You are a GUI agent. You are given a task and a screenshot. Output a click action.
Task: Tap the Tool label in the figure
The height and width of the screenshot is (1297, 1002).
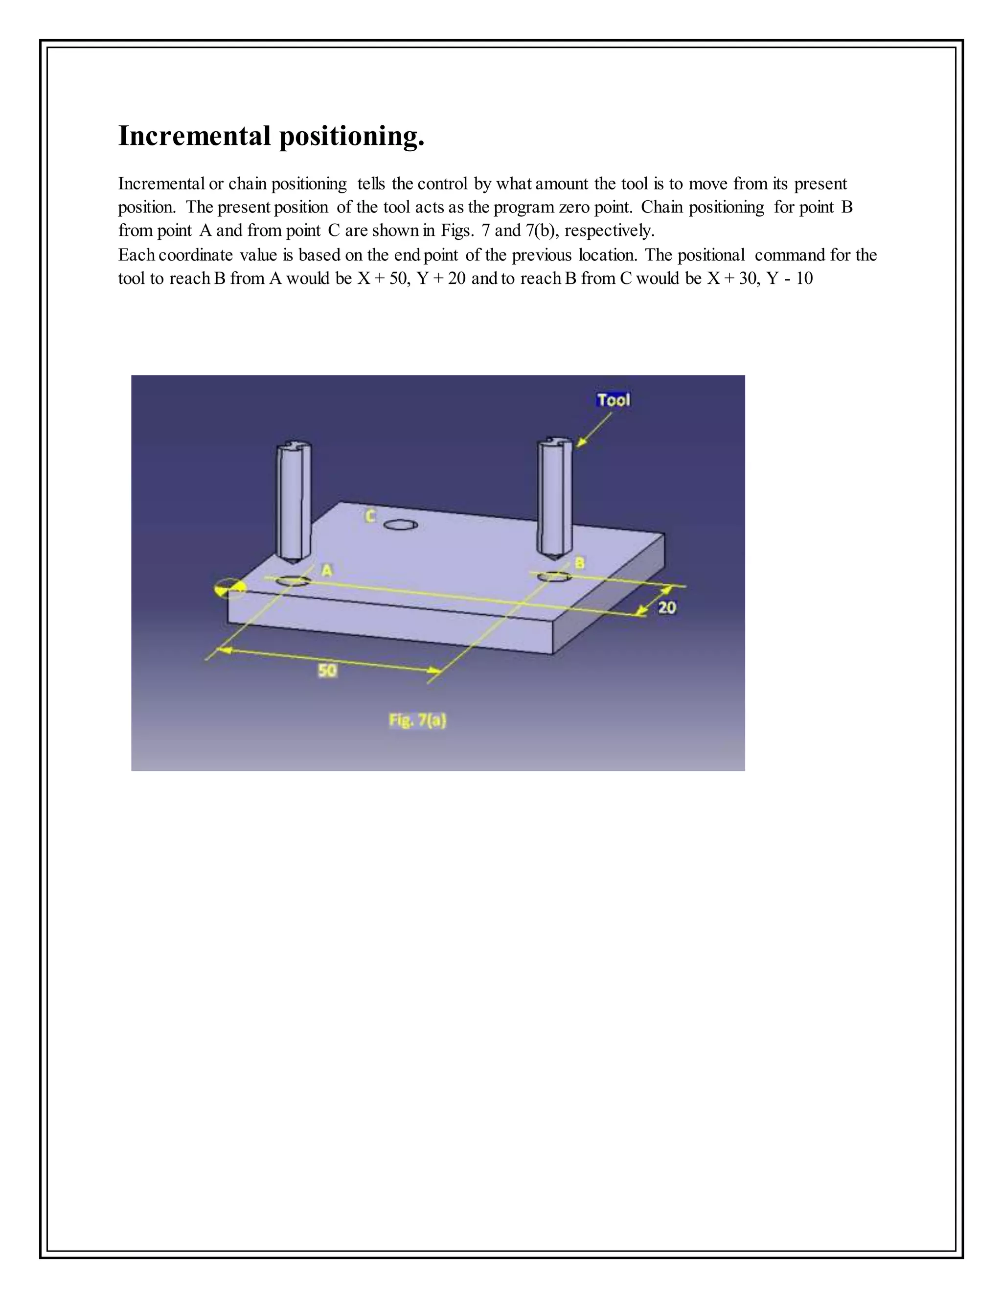[613, 400]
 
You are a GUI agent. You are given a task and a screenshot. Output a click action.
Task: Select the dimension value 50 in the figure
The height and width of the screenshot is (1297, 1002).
[328, 671]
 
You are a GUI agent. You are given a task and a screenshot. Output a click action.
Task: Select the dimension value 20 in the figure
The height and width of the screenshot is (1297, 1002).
[667, 607]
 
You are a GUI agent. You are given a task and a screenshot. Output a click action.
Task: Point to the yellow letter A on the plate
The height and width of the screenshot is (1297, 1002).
[326, 570]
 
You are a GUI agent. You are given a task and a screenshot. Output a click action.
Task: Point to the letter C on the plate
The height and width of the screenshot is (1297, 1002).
[369, 517]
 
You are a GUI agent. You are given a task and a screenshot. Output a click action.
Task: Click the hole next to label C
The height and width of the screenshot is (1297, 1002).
[401, 525]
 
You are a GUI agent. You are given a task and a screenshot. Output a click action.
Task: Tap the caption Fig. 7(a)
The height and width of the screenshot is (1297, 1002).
[417, 720]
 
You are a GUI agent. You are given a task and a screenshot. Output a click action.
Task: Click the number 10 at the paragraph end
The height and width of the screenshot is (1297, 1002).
[804, 278]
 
